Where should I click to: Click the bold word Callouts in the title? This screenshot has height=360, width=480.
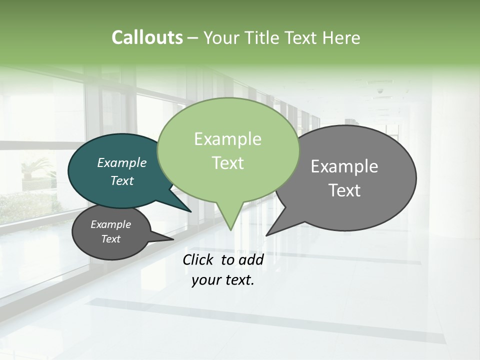click(147, 37)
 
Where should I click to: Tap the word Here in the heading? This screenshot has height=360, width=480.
click(341, 38)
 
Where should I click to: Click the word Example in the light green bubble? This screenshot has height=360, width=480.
click(227, 139)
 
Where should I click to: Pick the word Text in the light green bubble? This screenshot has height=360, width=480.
click(227, 163)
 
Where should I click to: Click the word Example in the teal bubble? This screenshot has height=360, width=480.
click(121, 162)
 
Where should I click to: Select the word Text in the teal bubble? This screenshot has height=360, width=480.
click(121, 180)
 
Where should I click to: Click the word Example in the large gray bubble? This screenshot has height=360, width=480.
click(344, 166)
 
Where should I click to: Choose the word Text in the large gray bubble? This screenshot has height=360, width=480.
click(344, 190)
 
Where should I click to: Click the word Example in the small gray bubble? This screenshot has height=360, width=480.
click(110, 224)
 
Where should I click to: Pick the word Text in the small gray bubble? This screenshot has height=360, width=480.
click(110, 239)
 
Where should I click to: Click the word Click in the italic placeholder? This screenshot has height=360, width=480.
click(199, 259)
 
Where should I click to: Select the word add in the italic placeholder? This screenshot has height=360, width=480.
click(251, 259)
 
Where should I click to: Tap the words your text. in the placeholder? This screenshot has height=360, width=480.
click(223, 280)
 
